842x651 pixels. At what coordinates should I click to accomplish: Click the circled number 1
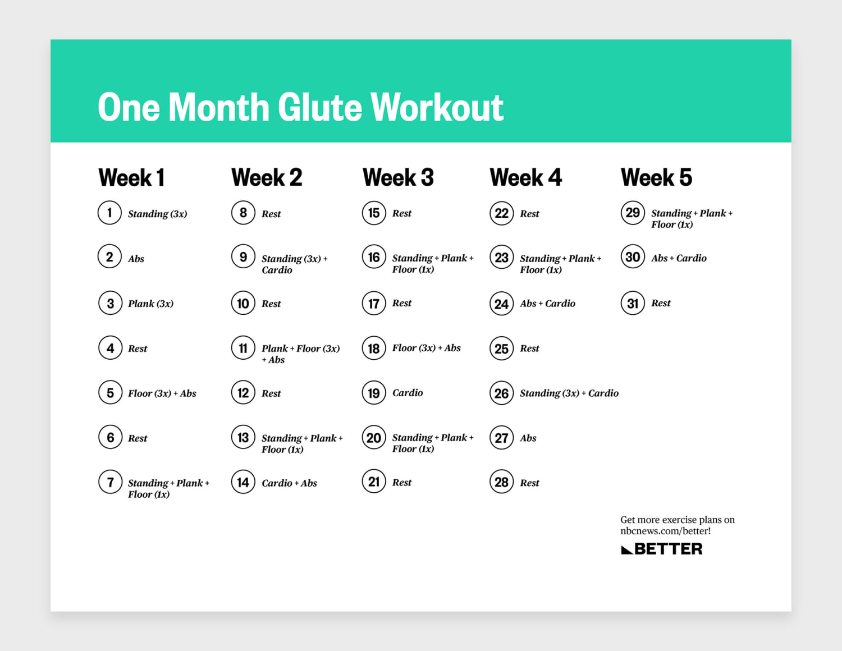point(109,213)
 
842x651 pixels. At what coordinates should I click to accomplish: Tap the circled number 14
point(243,483)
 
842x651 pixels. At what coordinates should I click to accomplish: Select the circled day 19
point(374,393)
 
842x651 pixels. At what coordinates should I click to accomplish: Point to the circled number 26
point(501,393)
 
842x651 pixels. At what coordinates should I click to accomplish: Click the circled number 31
point(633,304)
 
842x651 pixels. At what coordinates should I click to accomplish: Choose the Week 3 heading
point(398,177)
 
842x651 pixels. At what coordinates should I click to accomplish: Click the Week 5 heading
point(656,177)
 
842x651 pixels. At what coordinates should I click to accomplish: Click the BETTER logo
point(662,549)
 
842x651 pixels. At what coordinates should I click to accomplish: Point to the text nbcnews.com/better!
point(665,531)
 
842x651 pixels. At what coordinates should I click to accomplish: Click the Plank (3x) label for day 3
point(150,304)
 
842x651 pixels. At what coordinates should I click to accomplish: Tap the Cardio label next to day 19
point(408,393)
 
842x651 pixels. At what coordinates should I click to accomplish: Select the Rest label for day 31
point(661,303)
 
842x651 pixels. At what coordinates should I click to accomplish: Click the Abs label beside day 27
point(528,438)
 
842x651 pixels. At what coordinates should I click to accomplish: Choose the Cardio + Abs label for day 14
point(289,483)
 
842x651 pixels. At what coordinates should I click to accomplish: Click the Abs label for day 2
point(136,259)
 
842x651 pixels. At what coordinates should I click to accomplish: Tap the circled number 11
point(243,349)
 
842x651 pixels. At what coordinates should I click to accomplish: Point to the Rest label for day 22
point(529,214)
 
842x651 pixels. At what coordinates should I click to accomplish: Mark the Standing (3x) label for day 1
point(157,214)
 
